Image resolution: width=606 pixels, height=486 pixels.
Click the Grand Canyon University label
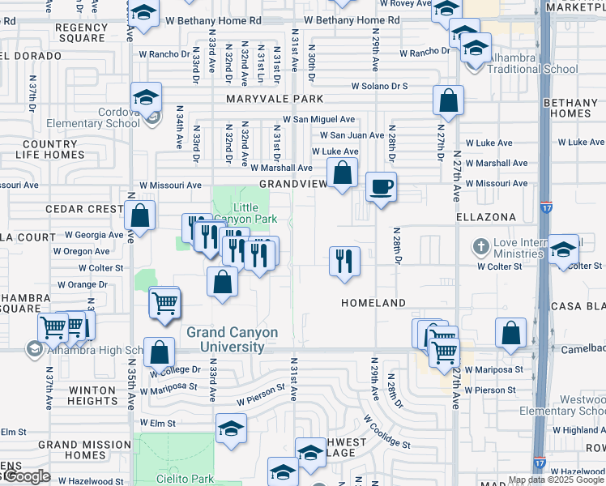pos(232,339)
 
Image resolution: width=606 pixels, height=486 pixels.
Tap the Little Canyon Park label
pos(250,213)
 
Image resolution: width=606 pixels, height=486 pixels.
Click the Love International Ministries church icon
pos(480,245)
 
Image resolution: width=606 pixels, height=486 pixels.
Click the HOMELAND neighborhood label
pos(373,302)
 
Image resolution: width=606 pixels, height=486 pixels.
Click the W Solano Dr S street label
pos(379,86)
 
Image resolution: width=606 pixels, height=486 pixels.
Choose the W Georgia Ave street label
pos(95,235)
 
